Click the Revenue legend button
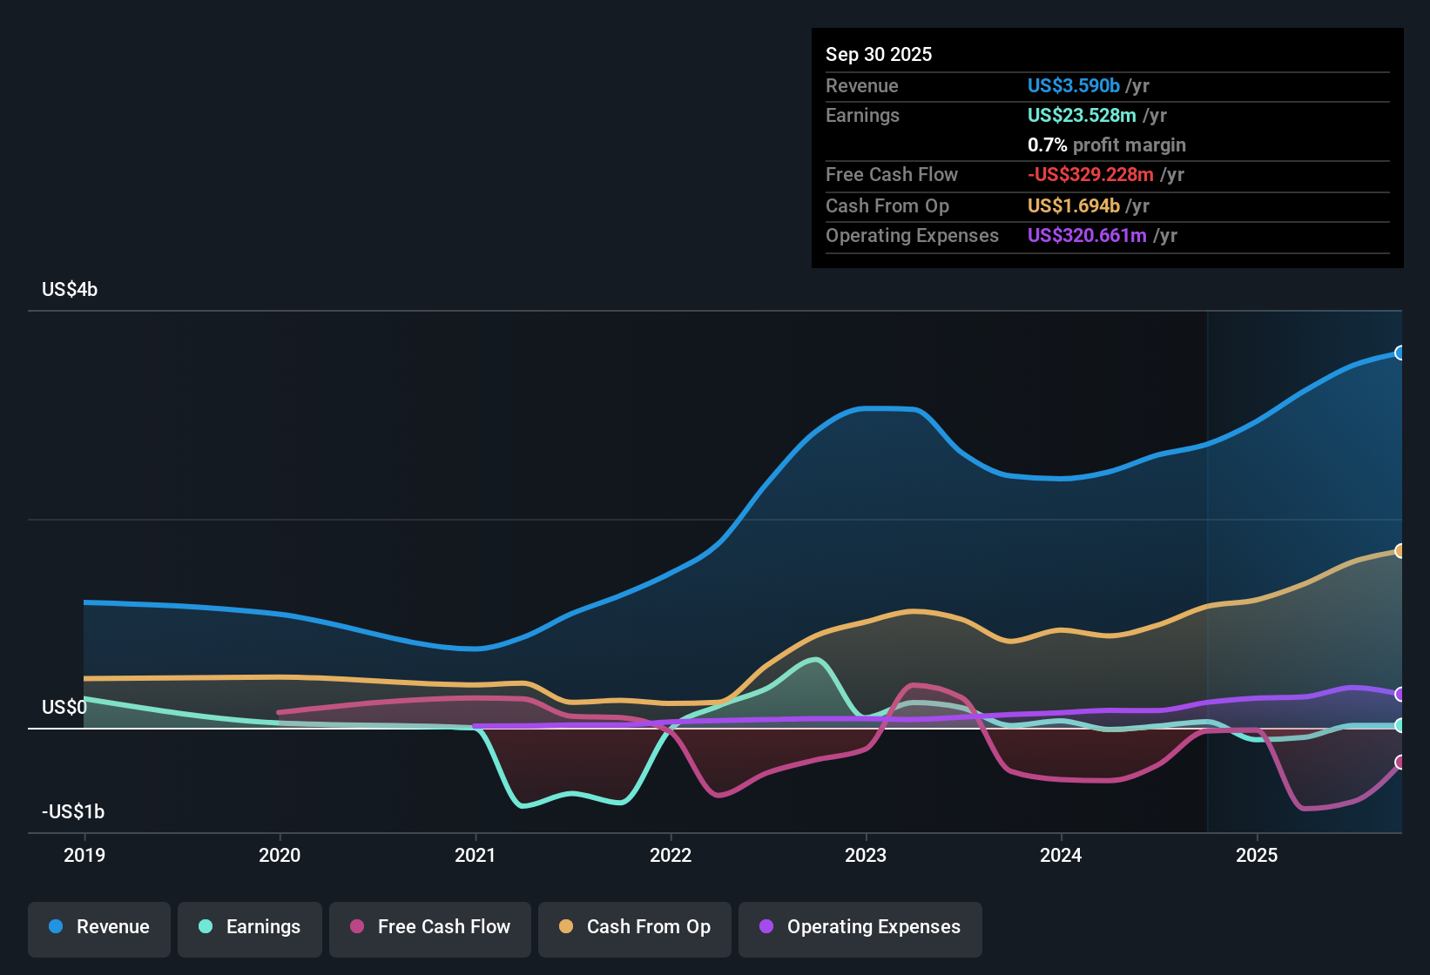99,927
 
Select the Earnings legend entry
250,927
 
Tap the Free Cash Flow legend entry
430,927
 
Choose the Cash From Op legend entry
635,927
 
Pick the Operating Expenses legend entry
860,927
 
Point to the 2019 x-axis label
84,855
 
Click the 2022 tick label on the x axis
671,855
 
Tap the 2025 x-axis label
1257,855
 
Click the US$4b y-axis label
70,290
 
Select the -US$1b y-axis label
73,812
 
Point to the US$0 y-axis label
64,707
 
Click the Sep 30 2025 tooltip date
879,54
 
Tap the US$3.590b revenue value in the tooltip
1073,85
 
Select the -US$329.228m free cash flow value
1090,174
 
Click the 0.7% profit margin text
1106,145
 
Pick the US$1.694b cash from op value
1073,205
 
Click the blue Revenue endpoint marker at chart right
1400,353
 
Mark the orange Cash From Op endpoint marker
1400,550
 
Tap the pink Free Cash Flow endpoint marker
1400,762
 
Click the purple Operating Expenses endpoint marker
1400,694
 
